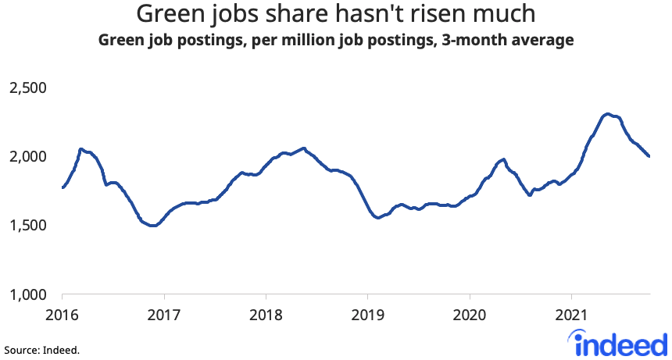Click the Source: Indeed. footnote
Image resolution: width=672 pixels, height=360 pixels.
41,350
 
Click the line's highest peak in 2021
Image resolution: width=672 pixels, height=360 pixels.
607,114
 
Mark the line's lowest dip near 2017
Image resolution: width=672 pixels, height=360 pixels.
154,226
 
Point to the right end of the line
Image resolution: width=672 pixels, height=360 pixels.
649,156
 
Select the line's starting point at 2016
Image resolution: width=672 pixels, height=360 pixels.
63,187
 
